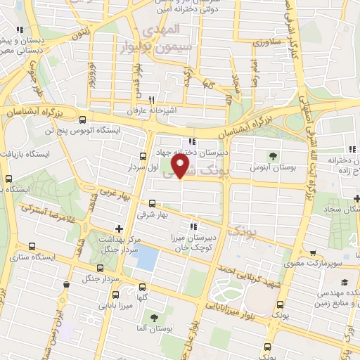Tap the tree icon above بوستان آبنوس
[274, 155]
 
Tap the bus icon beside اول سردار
[143, 157]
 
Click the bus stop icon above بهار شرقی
[153, 202]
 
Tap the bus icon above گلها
[143, 287]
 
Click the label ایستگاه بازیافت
[26, 153]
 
